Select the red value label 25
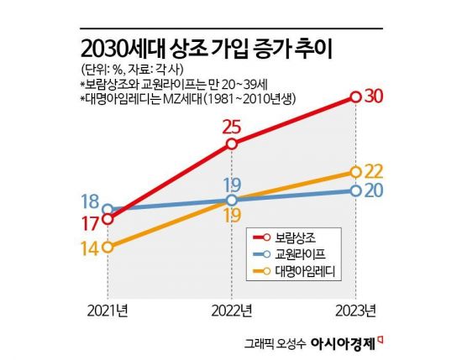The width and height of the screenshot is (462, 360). click(x=233, y=126)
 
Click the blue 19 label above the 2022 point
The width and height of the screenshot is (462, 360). click(x=233, y=184)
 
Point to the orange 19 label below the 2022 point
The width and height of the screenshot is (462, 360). click(x=233, y=217)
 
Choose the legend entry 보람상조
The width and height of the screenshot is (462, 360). click(x=298, y=236)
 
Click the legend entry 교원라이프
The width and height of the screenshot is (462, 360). click(x=302, y=253)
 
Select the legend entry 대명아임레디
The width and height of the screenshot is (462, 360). click(x=307, y=270)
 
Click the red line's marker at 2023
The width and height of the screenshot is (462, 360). click(x=355, y=97)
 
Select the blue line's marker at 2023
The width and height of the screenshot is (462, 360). click(x=355, y=190)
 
